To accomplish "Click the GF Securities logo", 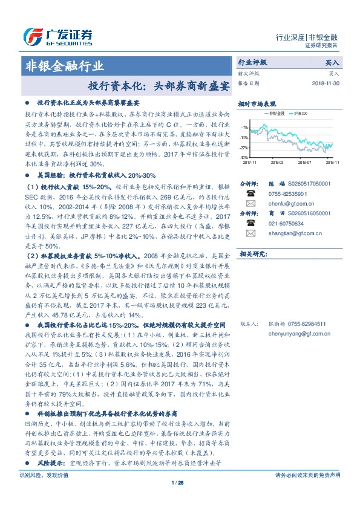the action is (x=57, y=37).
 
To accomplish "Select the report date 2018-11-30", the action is (x=327, y=82).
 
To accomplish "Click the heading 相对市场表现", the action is (x=257, y=103).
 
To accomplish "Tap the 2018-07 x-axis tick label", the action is (x=305, y=162).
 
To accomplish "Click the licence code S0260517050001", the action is (x=299, y=182).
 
